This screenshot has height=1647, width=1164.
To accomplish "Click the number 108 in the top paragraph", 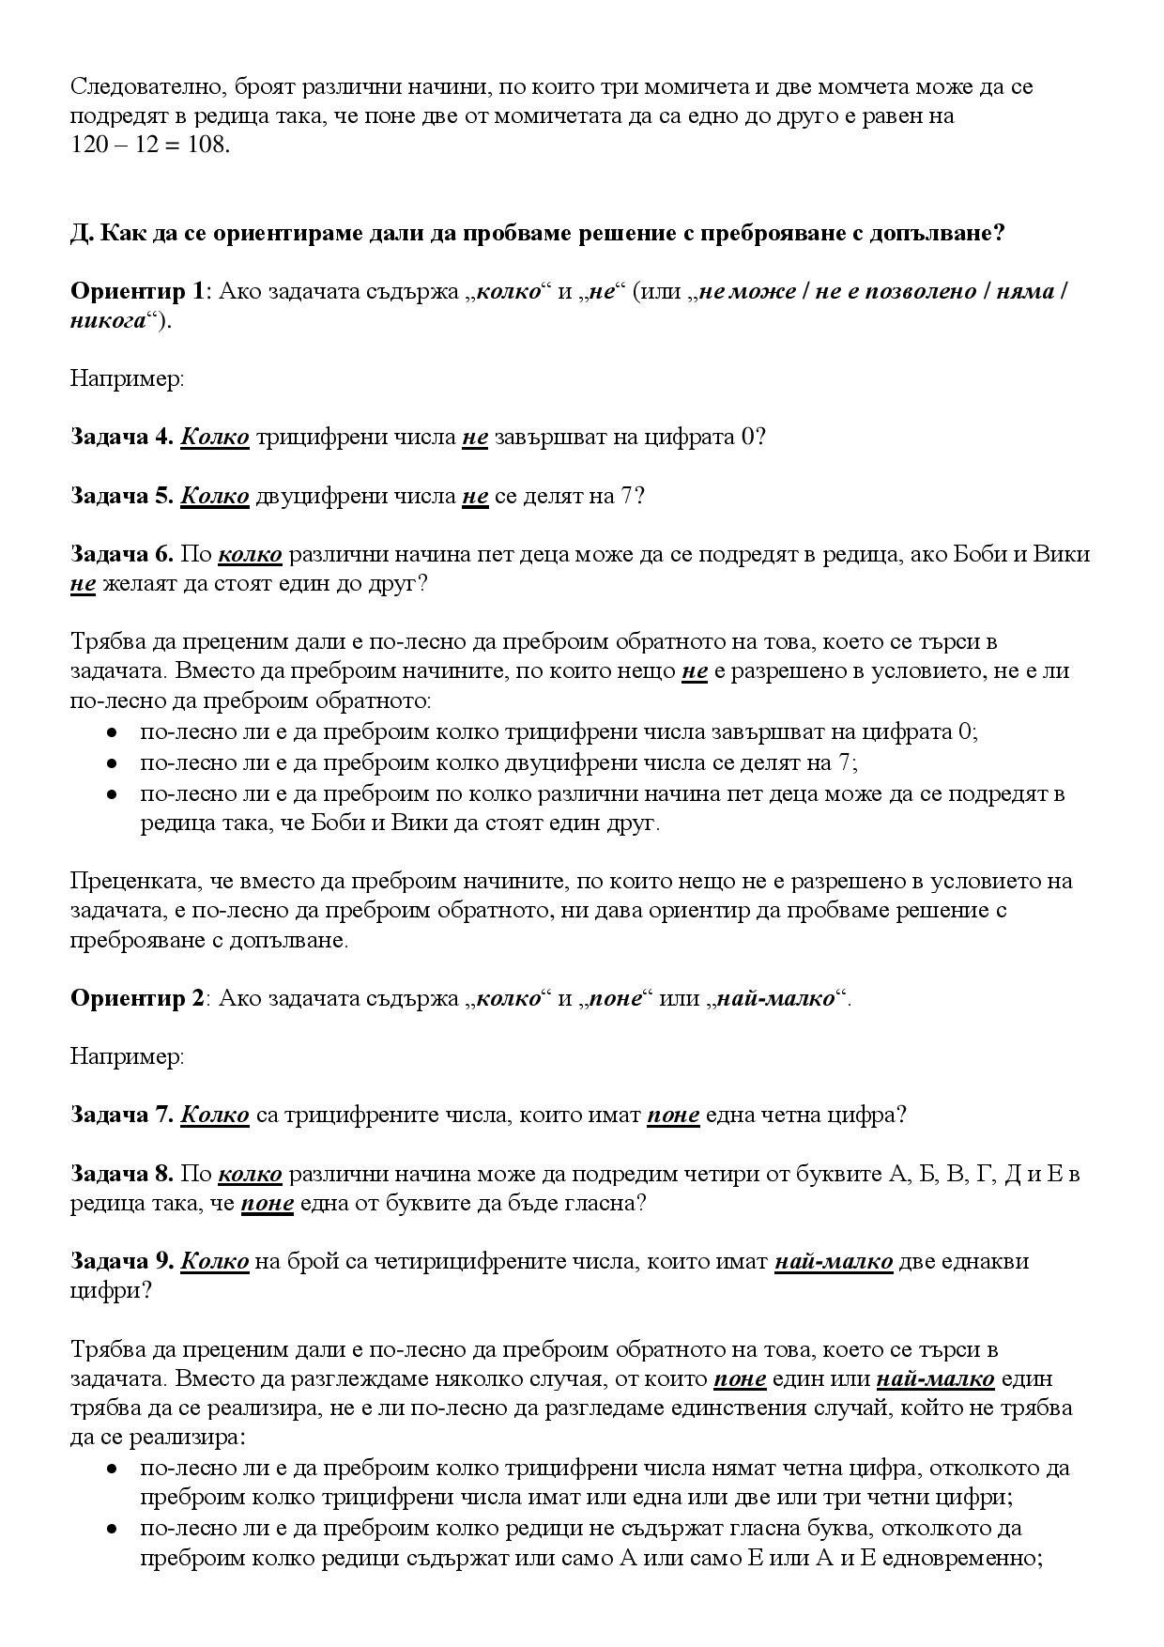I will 208,146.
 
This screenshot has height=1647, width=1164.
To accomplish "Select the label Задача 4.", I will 122,438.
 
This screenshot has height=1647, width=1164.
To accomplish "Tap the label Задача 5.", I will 122,496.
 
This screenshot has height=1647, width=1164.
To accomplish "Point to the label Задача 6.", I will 122,554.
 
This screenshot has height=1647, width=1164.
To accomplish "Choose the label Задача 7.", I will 122,1116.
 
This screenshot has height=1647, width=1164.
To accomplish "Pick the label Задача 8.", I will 122,1174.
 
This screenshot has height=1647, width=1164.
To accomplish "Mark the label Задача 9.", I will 122,1261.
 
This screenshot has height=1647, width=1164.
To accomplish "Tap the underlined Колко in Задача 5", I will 215,496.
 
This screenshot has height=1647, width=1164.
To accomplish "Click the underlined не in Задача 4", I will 475,438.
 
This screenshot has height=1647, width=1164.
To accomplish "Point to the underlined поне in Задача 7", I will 673,1116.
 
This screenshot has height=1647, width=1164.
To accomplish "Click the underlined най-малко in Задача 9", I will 834,1261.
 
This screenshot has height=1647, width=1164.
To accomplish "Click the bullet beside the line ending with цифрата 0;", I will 112,733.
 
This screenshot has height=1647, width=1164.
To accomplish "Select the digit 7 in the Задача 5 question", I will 627,496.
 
